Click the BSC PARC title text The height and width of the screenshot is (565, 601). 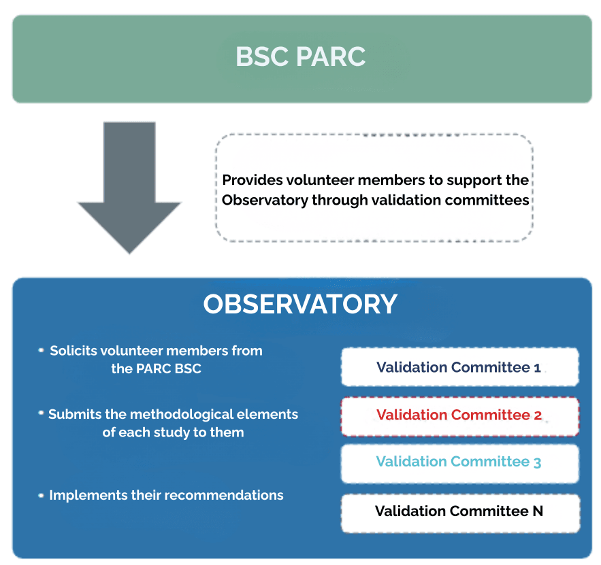300,57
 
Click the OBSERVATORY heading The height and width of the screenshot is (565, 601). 300,304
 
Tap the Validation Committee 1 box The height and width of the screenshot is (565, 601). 459,367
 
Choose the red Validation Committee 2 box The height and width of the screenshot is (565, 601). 459,415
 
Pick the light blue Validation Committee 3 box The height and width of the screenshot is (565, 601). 459,462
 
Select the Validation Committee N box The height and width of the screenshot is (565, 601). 459,511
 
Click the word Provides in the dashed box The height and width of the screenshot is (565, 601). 248,180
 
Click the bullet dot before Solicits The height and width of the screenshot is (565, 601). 42,351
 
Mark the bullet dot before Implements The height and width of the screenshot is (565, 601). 42,495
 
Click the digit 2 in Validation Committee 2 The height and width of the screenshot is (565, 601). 538,415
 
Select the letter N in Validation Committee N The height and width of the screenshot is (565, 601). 537,511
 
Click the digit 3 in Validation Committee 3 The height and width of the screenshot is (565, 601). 537,462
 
